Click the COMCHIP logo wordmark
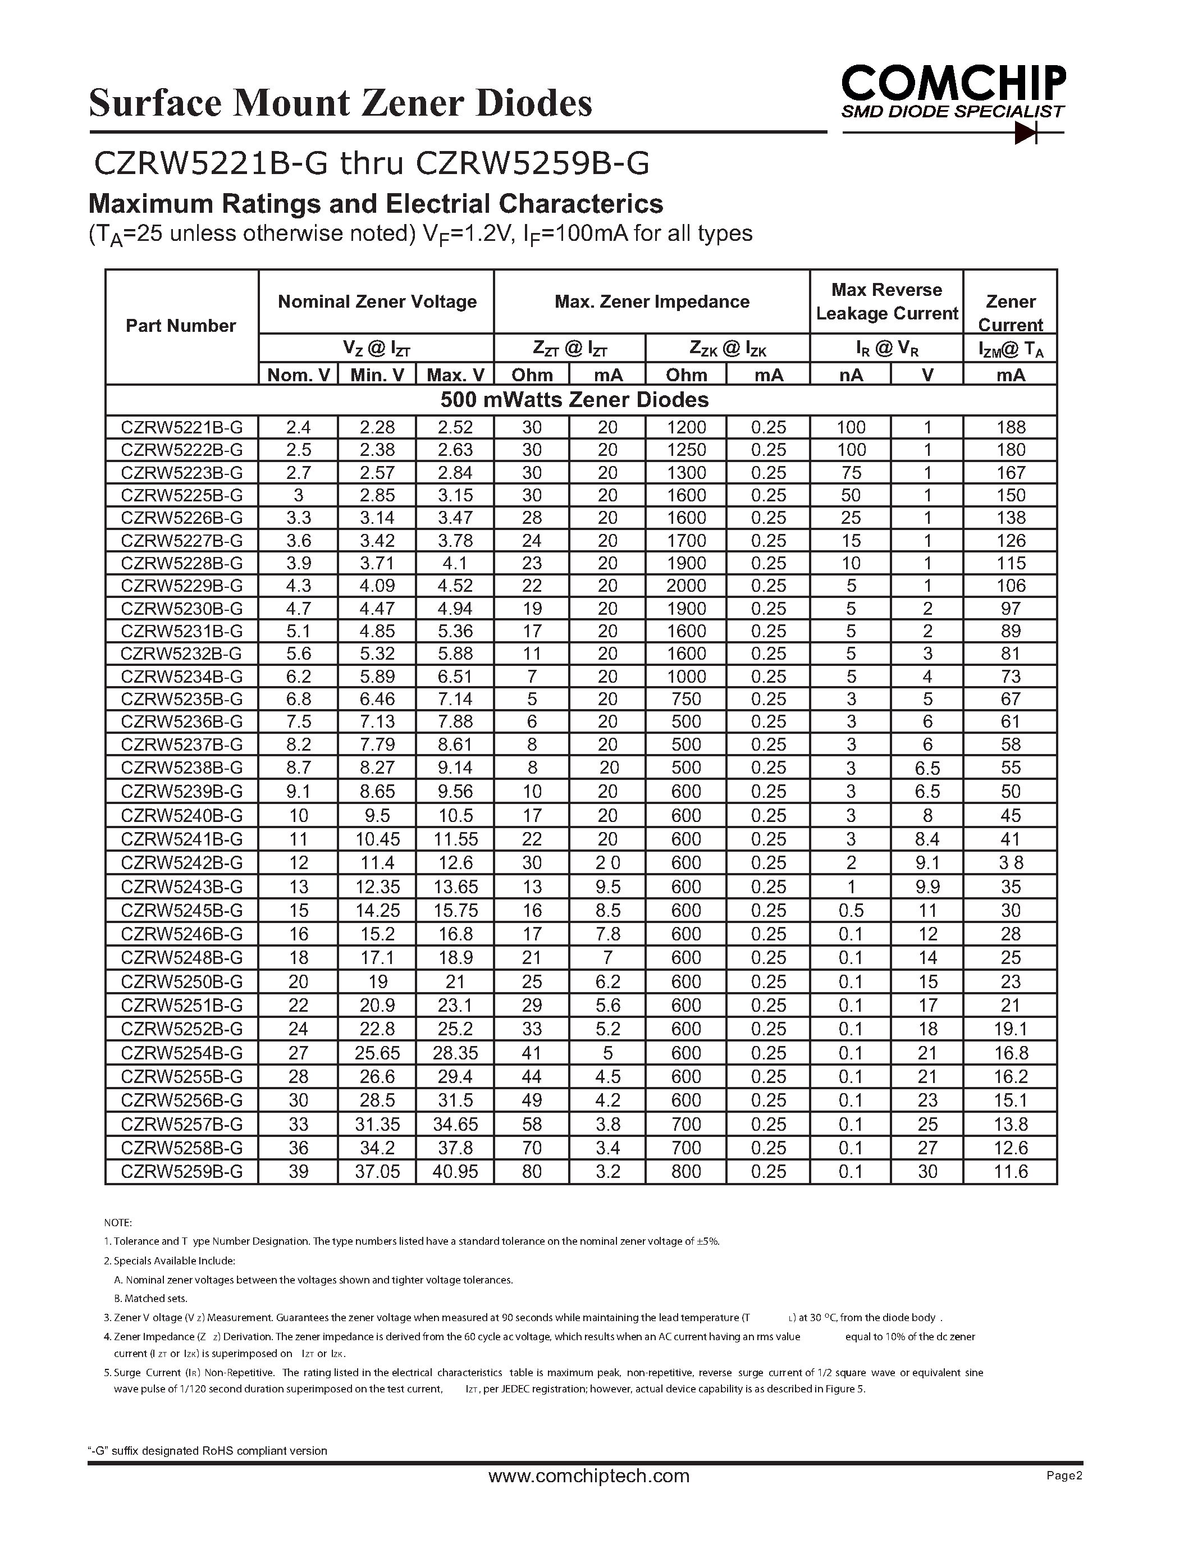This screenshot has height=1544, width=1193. (x=953, y=84)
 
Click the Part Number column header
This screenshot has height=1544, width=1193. (x=181, y=326)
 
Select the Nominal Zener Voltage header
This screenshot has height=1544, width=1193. (x=377, y=302)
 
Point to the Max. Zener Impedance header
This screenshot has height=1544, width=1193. (x=652, y=302)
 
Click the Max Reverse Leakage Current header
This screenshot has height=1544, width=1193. (x=886, y=302)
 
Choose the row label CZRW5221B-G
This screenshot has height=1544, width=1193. (x=182, y=427)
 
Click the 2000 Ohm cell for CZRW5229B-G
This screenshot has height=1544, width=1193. (x=686, y=586)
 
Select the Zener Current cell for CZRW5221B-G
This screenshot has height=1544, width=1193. (x=1010, y=427)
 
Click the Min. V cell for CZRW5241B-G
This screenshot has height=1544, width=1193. (x=377, y=839)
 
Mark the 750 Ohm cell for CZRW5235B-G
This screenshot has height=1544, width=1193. (x=686, y=699)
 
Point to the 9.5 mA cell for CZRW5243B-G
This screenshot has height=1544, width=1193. (x=607, y=887)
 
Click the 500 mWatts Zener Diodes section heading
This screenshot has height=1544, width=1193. (x=574, y=400)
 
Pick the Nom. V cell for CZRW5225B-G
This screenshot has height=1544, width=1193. (x=298, y=495)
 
